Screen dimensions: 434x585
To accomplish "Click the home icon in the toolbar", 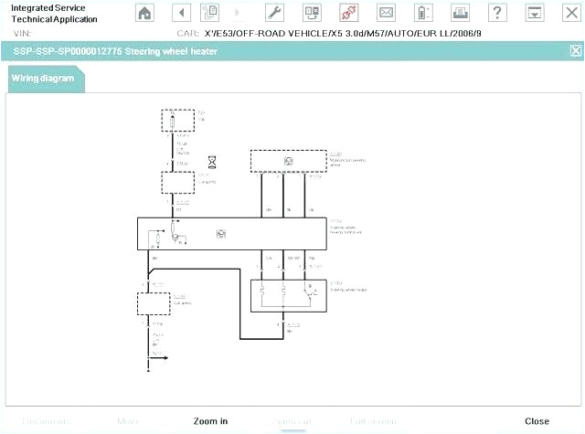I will coord(145,13).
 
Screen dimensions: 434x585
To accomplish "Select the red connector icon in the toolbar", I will coord(347,13).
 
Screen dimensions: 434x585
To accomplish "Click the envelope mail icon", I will coord(386,13).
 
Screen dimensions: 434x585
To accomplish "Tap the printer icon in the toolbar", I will coord(459,13).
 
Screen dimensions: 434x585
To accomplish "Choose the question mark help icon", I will coord(496,13).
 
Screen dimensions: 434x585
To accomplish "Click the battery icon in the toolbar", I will coord(421,13).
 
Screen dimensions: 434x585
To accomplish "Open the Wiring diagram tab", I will coord(43,79).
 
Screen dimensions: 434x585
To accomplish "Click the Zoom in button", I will coord(210,421).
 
